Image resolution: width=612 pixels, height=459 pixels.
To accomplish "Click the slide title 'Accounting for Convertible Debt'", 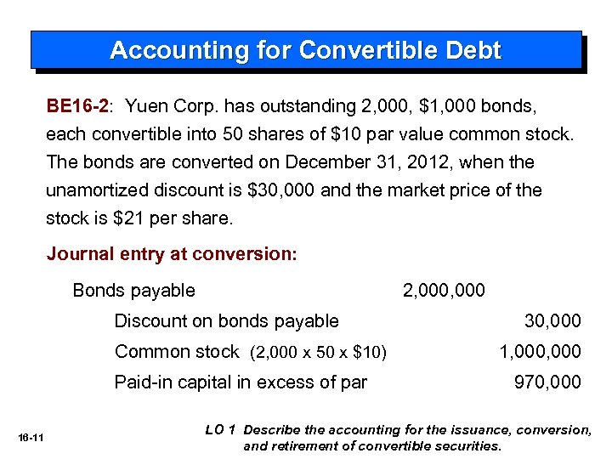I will click(305, 50).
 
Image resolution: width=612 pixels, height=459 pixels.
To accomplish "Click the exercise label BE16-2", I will click(77, 106).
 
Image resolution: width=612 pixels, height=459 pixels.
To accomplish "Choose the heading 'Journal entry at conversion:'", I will click(171, 254).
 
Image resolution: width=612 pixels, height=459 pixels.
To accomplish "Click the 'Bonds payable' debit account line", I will click(133, 291).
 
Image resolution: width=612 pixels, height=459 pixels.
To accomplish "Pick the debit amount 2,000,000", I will click(444, 291).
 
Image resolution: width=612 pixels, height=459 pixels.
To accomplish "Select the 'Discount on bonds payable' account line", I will click(226, 321).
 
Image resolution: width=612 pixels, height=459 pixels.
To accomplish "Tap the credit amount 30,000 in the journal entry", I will click(552, 321).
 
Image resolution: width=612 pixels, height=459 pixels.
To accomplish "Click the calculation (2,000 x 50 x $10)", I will click(319, 353).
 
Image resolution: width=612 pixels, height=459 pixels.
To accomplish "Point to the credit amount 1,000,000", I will click(540, 352).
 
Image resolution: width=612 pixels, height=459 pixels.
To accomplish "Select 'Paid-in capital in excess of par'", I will click(241, 382).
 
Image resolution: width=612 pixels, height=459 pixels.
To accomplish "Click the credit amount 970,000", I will click(547, 382).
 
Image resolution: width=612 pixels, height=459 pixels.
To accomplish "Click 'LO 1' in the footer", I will click(219, 430).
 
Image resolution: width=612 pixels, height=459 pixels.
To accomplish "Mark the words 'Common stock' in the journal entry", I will click(177, 352).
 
